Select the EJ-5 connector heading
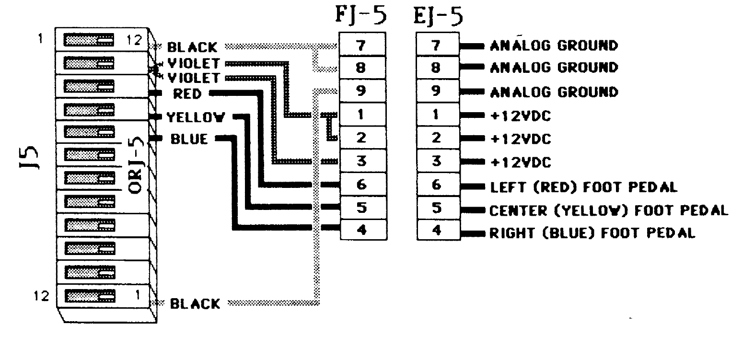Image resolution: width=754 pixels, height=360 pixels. (x=438, y=16)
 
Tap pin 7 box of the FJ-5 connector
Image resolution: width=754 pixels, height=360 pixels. (x=362, y=45)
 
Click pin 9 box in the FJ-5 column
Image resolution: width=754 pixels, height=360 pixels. (x=362, y=91)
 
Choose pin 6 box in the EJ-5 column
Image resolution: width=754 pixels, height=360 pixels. (x=436, y=185)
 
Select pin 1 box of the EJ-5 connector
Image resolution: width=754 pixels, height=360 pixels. (x=436, y=115)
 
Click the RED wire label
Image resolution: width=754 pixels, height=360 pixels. (x=187, y=93)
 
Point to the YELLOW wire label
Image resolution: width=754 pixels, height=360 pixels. (x=196, y=117)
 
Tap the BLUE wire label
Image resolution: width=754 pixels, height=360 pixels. (x=189, y=139)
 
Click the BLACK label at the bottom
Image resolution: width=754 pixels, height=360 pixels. (x=195, y=303)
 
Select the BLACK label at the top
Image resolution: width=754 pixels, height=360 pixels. (x=192, y=47)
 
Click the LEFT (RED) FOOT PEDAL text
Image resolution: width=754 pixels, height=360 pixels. (x=583, y=187)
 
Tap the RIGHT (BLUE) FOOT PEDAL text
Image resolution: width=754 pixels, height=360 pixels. (x=592, y=233)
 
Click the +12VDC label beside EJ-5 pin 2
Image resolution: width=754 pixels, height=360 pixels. (x=521, y=139)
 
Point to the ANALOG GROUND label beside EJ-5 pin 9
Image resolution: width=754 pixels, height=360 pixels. (x=554, y=92)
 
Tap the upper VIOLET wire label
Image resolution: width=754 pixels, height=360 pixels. (x=194, y=63)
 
